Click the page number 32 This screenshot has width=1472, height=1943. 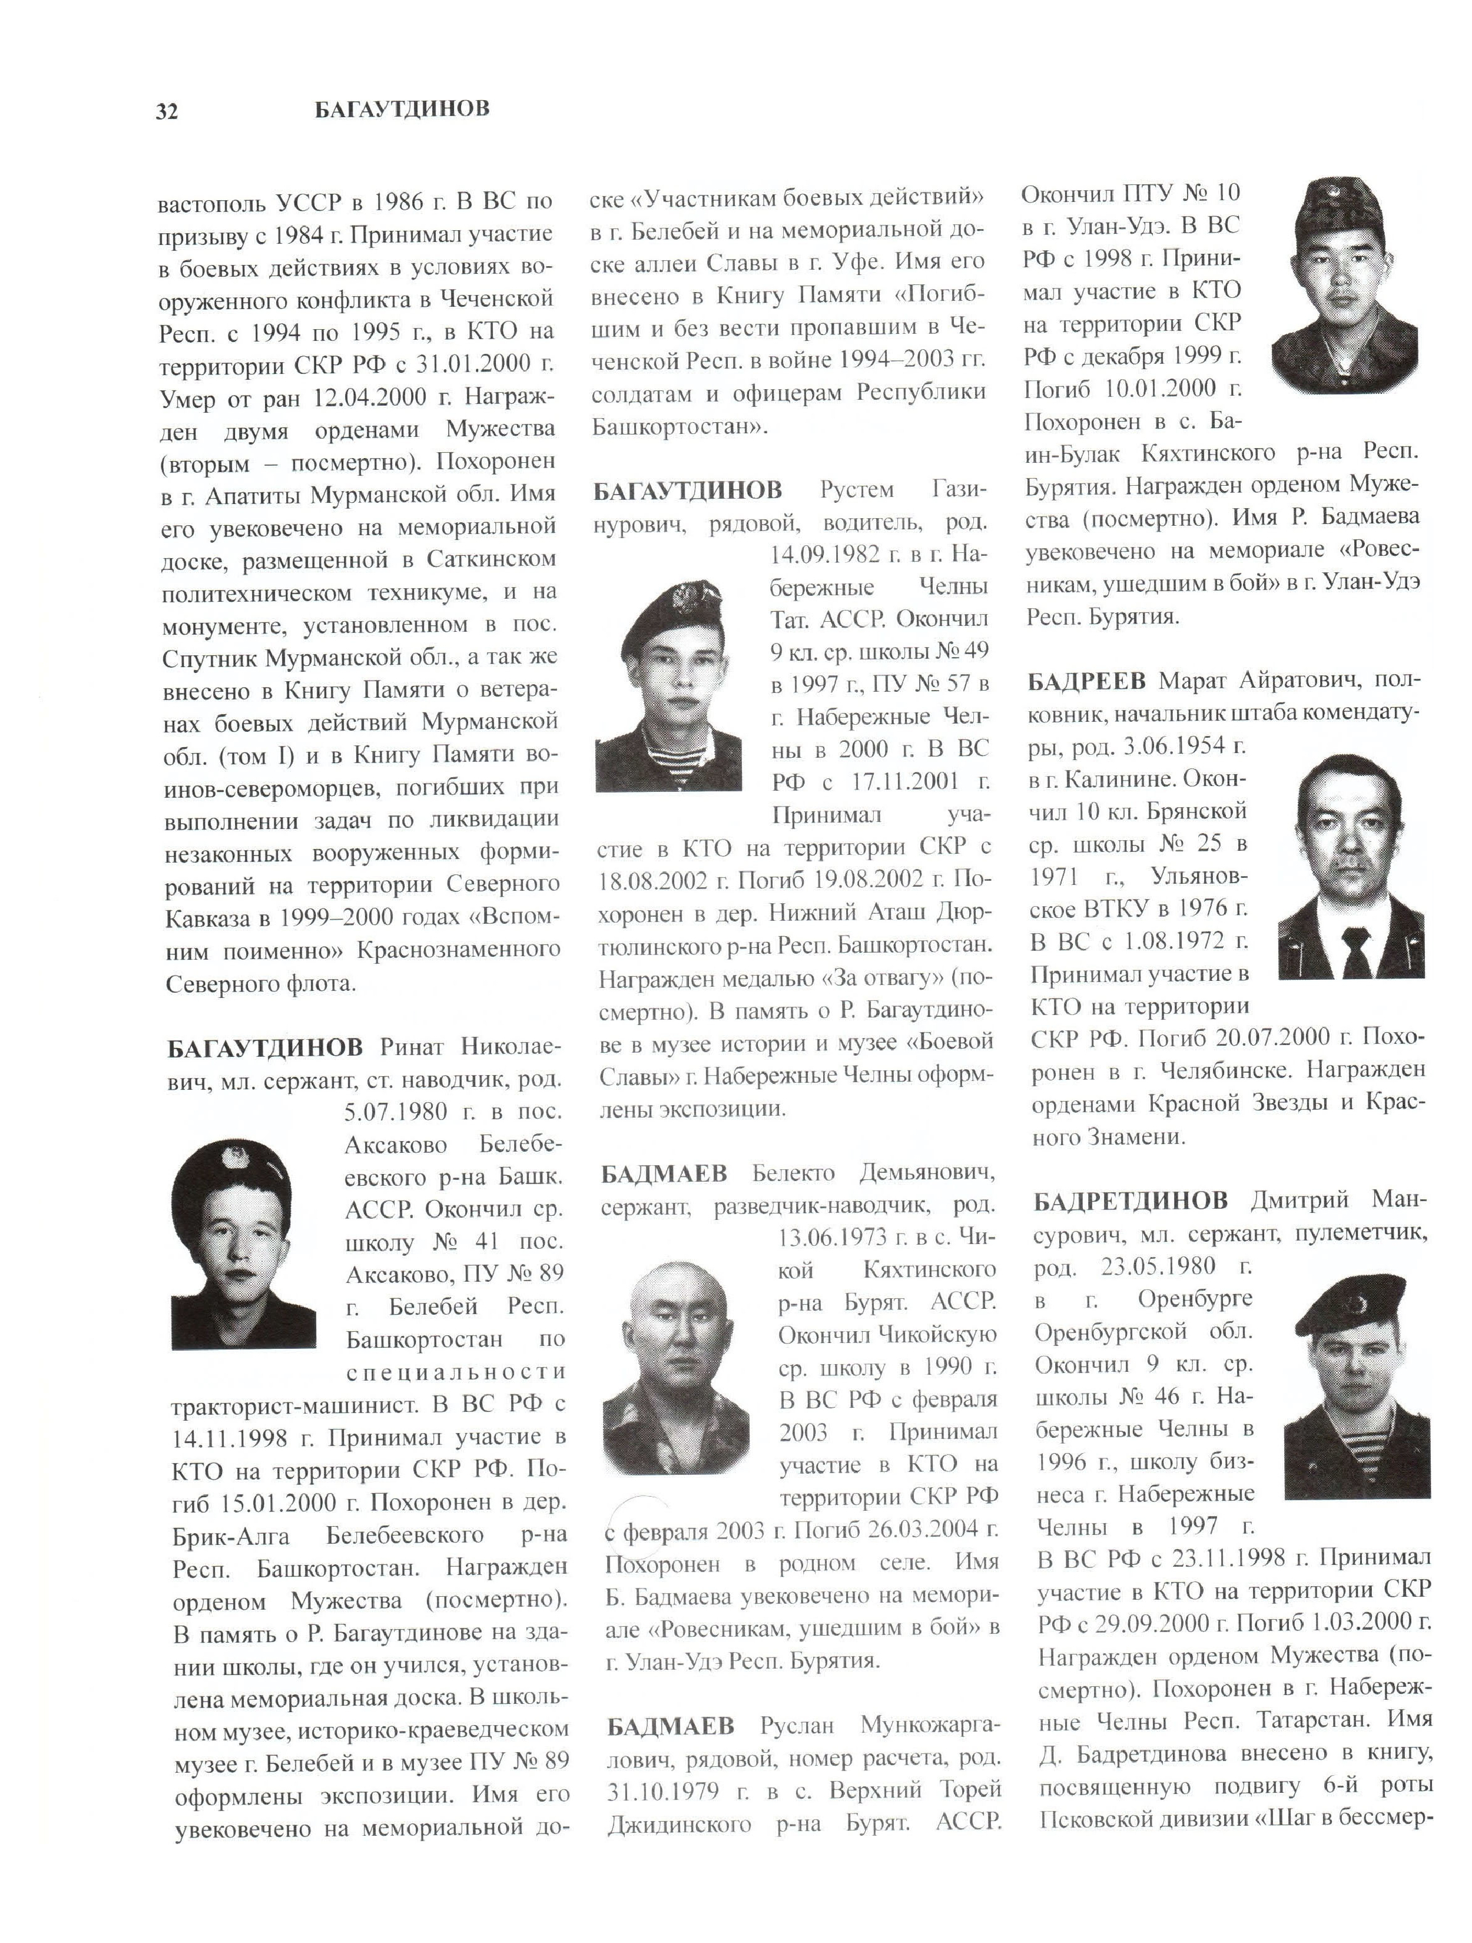[167, 111]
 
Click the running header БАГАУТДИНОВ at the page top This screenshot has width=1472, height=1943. [402, 109]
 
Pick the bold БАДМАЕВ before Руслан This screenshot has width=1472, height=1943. [670, 1726]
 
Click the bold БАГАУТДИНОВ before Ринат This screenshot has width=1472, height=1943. [264, 1047]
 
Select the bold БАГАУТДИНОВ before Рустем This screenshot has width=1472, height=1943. [687, 489]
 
